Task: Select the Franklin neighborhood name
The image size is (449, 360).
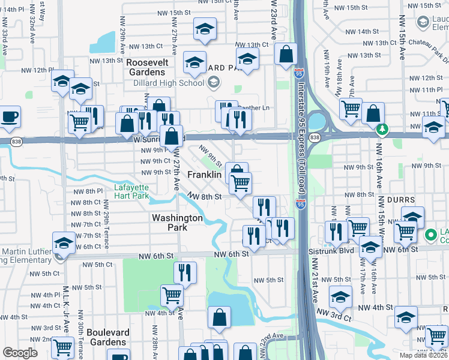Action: (205, 175)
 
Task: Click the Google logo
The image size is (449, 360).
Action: (20, 353)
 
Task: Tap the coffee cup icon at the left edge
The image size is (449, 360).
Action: (10, 117)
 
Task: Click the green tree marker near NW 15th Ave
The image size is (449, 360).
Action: (382, 129)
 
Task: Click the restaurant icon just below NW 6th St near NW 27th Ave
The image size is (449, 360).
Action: (185, 273)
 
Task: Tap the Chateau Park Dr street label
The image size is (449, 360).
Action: (429, 43)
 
